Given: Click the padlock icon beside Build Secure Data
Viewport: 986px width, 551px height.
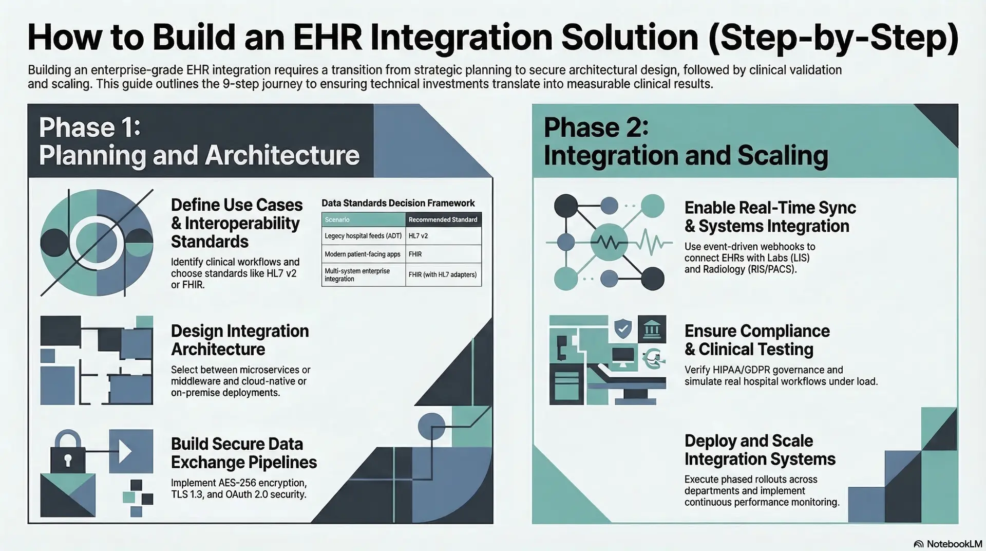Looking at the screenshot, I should [68, 452].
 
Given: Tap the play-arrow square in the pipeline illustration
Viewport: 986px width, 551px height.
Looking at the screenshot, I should [131, 451].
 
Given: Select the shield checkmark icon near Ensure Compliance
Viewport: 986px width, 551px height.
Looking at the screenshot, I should [623, 328].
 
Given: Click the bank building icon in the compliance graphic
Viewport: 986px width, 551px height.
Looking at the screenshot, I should [652, 328].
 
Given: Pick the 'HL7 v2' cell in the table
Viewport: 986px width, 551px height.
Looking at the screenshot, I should [418, 236].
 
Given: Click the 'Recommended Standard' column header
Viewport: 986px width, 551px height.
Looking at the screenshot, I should [443, 219].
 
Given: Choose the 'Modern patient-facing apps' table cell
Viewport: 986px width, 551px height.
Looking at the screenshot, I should [362, 254].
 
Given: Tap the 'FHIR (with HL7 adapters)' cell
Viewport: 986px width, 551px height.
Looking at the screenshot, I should [442, 274].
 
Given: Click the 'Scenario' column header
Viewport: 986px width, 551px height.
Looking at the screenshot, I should [337, 219].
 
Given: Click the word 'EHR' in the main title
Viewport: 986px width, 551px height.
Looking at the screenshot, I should [329, 37].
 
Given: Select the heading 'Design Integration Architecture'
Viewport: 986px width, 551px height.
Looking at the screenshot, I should [239, 340].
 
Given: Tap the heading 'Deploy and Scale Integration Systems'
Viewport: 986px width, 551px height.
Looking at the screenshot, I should [760, 450].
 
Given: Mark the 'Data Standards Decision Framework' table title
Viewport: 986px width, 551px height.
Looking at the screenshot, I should [398, 203].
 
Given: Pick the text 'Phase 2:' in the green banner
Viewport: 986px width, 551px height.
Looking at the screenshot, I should [596, 128].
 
